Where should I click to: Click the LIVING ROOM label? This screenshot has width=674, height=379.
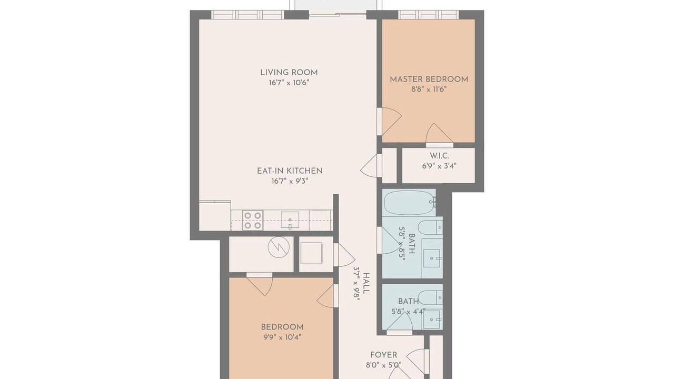[x=289, y=73]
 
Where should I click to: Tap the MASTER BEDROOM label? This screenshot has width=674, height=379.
[x=429, y=79]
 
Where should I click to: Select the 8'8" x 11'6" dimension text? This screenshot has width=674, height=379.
[x=429, y=89]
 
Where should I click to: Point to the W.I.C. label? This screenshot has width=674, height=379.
[x=439, y=156]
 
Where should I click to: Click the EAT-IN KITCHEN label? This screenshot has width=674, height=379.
[x=290, y=171]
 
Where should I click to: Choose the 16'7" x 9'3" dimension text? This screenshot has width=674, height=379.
[x=290, y=181]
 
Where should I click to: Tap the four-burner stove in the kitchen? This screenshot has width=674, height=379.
[x=253, y=221]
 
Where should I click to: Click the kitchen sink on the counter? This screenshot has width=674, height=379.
[x=290, y=220]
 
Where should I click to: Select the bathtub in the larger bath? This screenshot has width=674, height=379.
[x=410, y=203]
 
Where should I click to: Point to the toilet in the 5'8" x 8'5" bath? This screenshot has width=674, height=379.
[x=430, y=227]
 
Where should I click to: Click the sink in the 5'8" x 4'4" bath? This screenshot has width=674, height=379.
[x=433, y=320]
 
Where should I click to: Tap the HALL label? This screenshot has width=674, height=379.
[x=366, y=283]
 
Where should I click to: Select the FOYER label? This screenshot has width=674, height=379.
[x=384, y=355]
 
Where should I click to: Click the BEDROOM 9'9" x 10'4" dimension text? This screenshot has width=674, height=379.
[x=282, y=337]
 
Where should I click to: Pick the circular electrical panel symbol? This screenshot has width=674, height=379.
[x=279, y=247]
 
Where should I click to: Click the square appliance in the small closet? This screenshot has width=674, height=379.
[x=311, y=253]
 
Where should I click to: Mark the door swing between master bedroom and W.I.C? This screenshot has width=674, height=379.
[x=439, y=134]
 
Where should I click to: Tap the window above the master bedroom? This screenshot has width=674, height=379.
[x=429, y=14]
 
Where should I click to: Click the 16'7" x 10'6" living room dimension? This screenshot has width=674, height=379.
[x=289, y=83]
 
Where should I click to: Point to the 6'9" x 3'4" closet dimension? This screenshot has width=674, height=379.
[x=439, y=166]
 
